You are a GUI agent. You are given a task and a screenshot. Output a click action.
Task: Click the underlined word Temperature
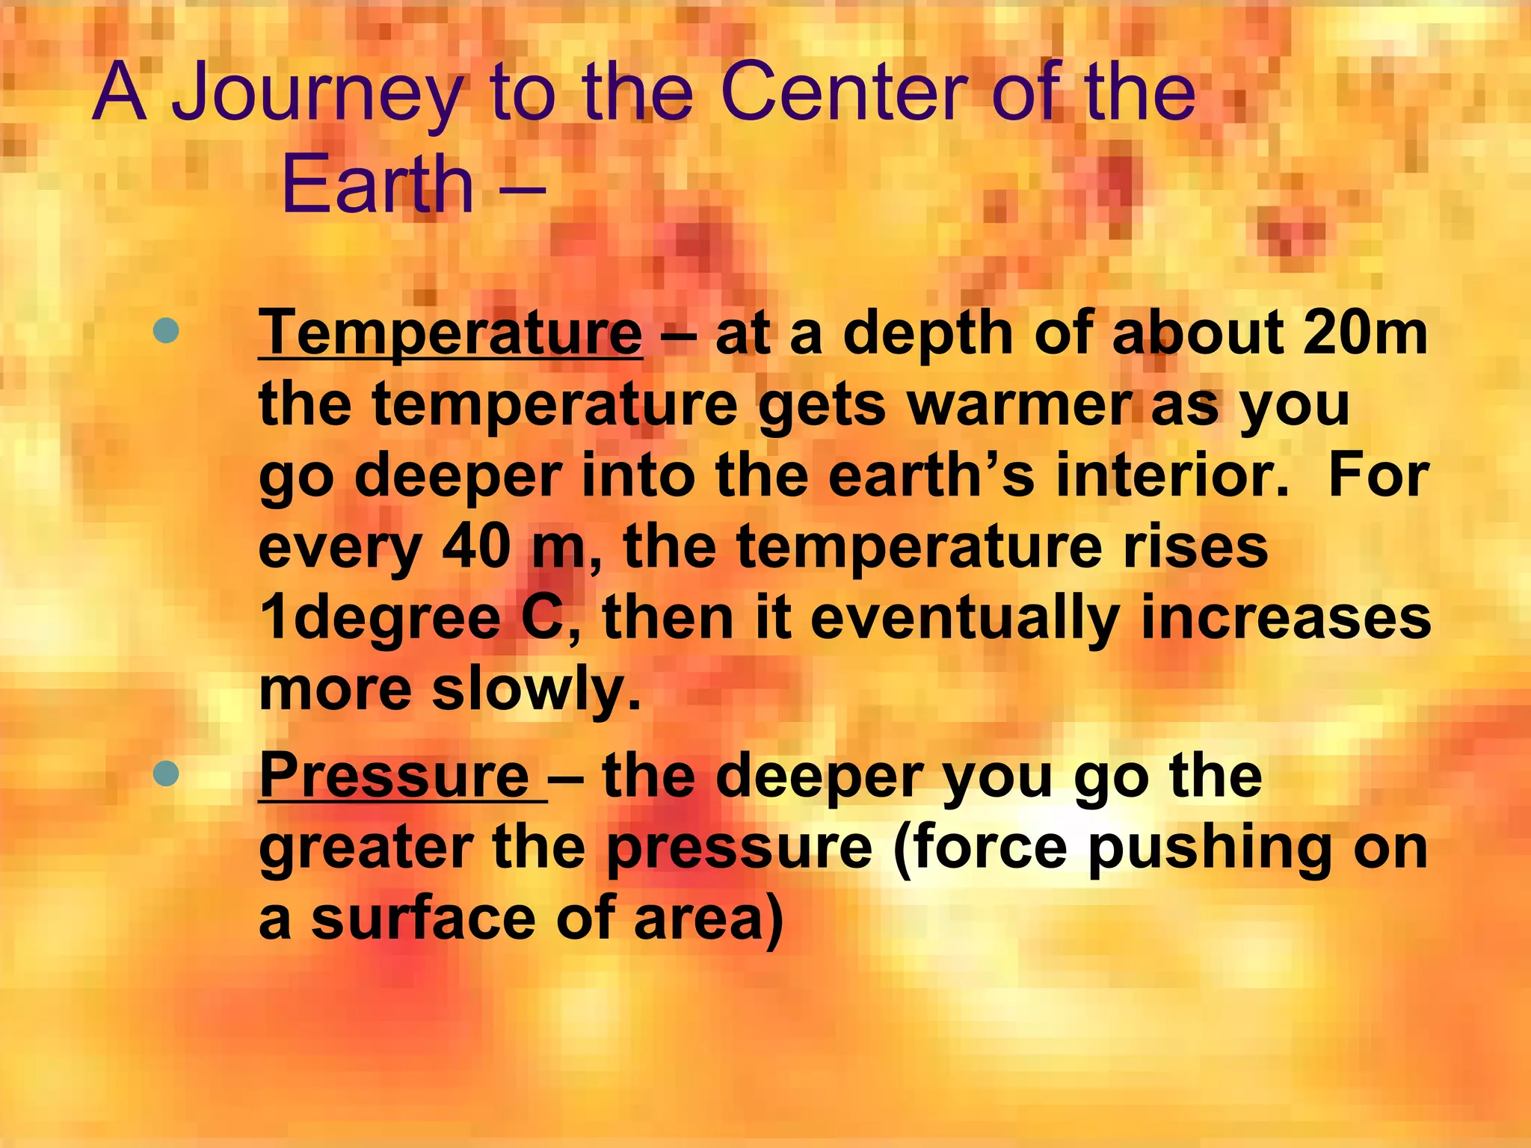point(450,333)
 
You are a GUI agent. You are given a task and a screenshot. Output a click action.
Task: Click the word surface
point(425,919)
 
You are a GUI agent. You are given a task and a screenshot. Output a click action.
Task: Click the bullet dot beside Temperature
point(165,331)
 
